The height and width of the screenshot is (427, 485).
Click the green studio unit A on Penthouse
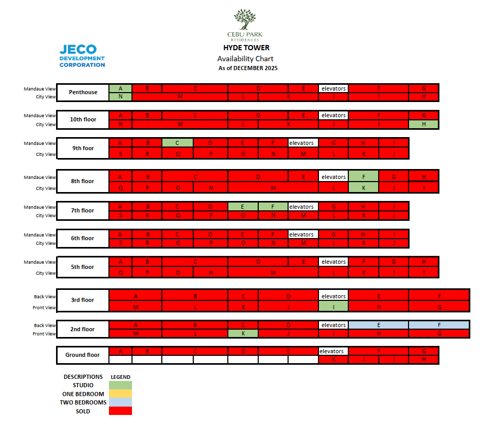[x=120, y=88]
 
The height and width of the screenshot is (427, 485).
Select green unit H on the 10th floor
[x=423, y=124]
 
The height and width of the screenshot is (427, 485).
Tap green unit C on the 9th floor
[x=177, y=143]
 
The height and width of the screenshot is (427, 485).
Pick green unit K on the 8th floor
[x=363, y=188]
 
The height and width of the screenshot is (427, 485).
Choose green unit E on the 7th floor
[x=242, y=207]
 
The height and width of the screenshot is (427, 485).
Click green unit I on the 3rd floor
[x=333, y=307]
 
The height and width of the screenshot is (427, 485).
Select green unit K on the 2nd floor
[x=242, y=333]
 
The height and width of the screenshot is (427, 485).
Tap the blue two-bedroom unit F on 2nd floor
[x=439, y=325]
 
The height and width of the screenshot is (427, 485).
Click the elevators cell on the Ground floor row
[x=333, y=351]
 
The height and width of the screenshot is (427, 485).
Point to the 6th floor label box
[x=83, y=239]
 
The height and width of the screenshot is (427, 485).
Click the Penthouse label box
[x=83, y=93]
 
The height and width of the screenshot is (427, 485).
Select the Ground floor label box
[x=83, y=355]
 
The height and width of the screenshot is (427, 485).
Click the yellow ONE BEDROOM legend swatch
[x=120, y=394]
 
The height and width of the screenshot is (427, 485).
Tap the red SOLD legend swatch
[x=120, y=411]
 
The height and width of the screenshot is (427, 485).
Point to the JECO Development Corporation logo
[x=82, y=56]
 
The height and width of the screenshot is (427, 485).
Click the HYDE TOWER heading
[x=246, y=48]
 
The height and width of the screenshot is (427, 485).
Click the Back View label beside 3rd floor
[x=45, y=297]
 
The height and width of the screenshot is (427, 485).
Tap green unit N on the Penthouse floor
[x=120, y=97]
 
